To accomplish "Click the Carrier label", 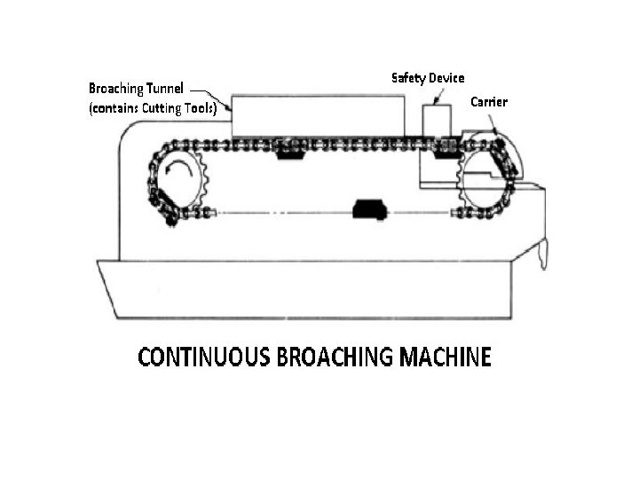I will coord(488,102).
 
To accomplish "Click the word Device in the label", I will coord(446,78).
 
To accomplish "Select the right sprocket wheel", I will coord(485,177).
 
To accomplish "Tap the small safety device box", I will coord(437,120).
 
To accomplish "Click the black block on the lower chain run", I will coord(367,209).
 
